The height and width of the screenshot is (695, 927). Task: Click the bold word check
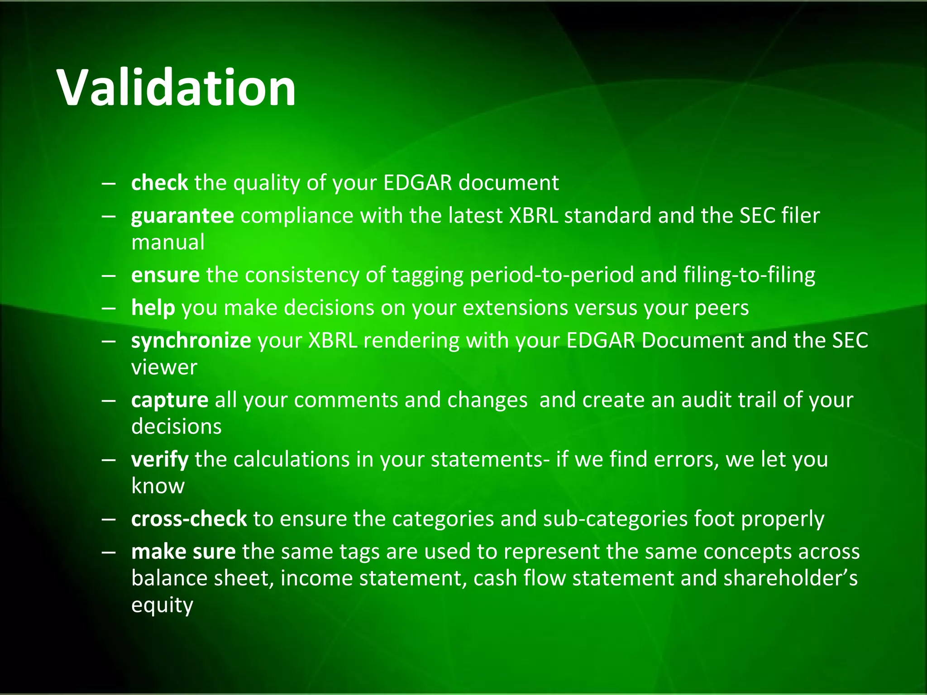click(x=159, y=183)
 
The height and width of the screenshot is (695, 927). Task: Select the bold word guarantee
click(x=182, y=216)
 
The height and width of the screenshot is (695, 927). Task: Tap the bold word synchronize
click(x=191, y=341)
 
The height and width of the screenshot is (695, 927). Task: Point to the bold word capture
click(x=170, y=400)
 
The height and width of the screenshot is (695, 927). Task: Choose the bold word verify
click(x=160, y=460)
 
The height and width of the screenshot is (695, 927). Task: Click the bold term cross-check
click(x=189, y=519)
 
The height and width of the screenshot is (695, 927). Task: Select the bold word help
click(x=153, y=308)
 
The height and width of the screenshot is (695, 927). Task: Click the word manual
click(x=168, y=242)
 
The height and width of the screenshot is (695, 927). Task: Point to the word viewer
click(x=164, y=367)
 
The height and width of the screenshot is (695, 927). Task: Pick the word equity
click(x=162, y=606)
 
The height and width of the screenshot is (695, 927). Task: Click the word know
click(x=158, y=486)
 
